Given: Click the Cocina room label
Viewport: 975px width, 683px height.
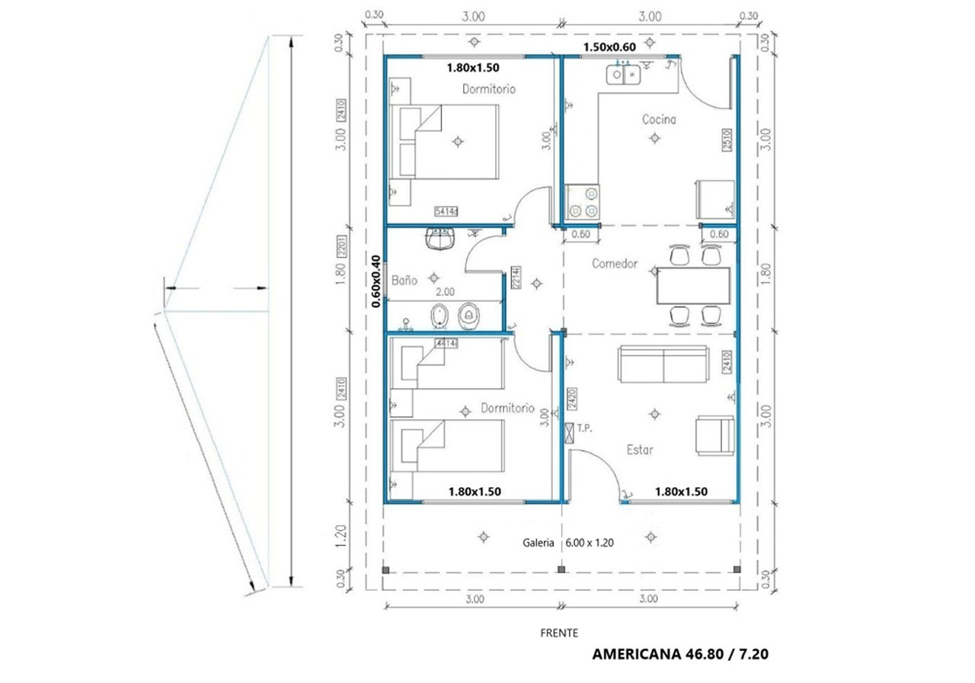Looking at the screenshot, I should (659, 120).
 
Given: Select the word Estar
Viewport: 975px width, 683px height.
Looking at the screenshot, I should (640, 450).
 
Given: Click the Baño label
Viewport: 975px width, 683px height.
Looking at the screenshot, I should (404, 281).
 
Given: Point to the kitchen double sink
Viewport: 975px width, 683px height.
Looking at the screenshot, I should (624, 75).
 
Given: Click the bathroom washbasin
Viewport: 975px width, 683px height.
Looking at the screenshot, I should (441, 241).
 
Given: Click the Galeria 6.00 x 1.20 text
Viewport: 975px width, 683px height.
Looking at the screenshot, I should (567, 544).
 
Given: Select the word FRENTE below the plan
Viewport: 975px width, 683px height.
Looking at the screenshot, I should (559, 633).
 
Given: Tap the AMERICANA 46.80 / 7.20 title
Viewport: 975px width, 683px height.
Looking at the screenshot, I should (685, 654).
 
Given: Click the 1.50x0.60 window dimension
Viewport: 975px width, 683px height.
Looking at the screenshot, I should (609, 46).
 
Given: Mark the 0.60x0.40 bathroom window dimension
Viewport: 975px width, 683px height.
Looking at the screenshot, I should (376, 281).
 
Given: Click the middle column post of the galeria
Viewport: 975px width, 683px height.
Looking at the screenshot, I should (562, 569).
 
